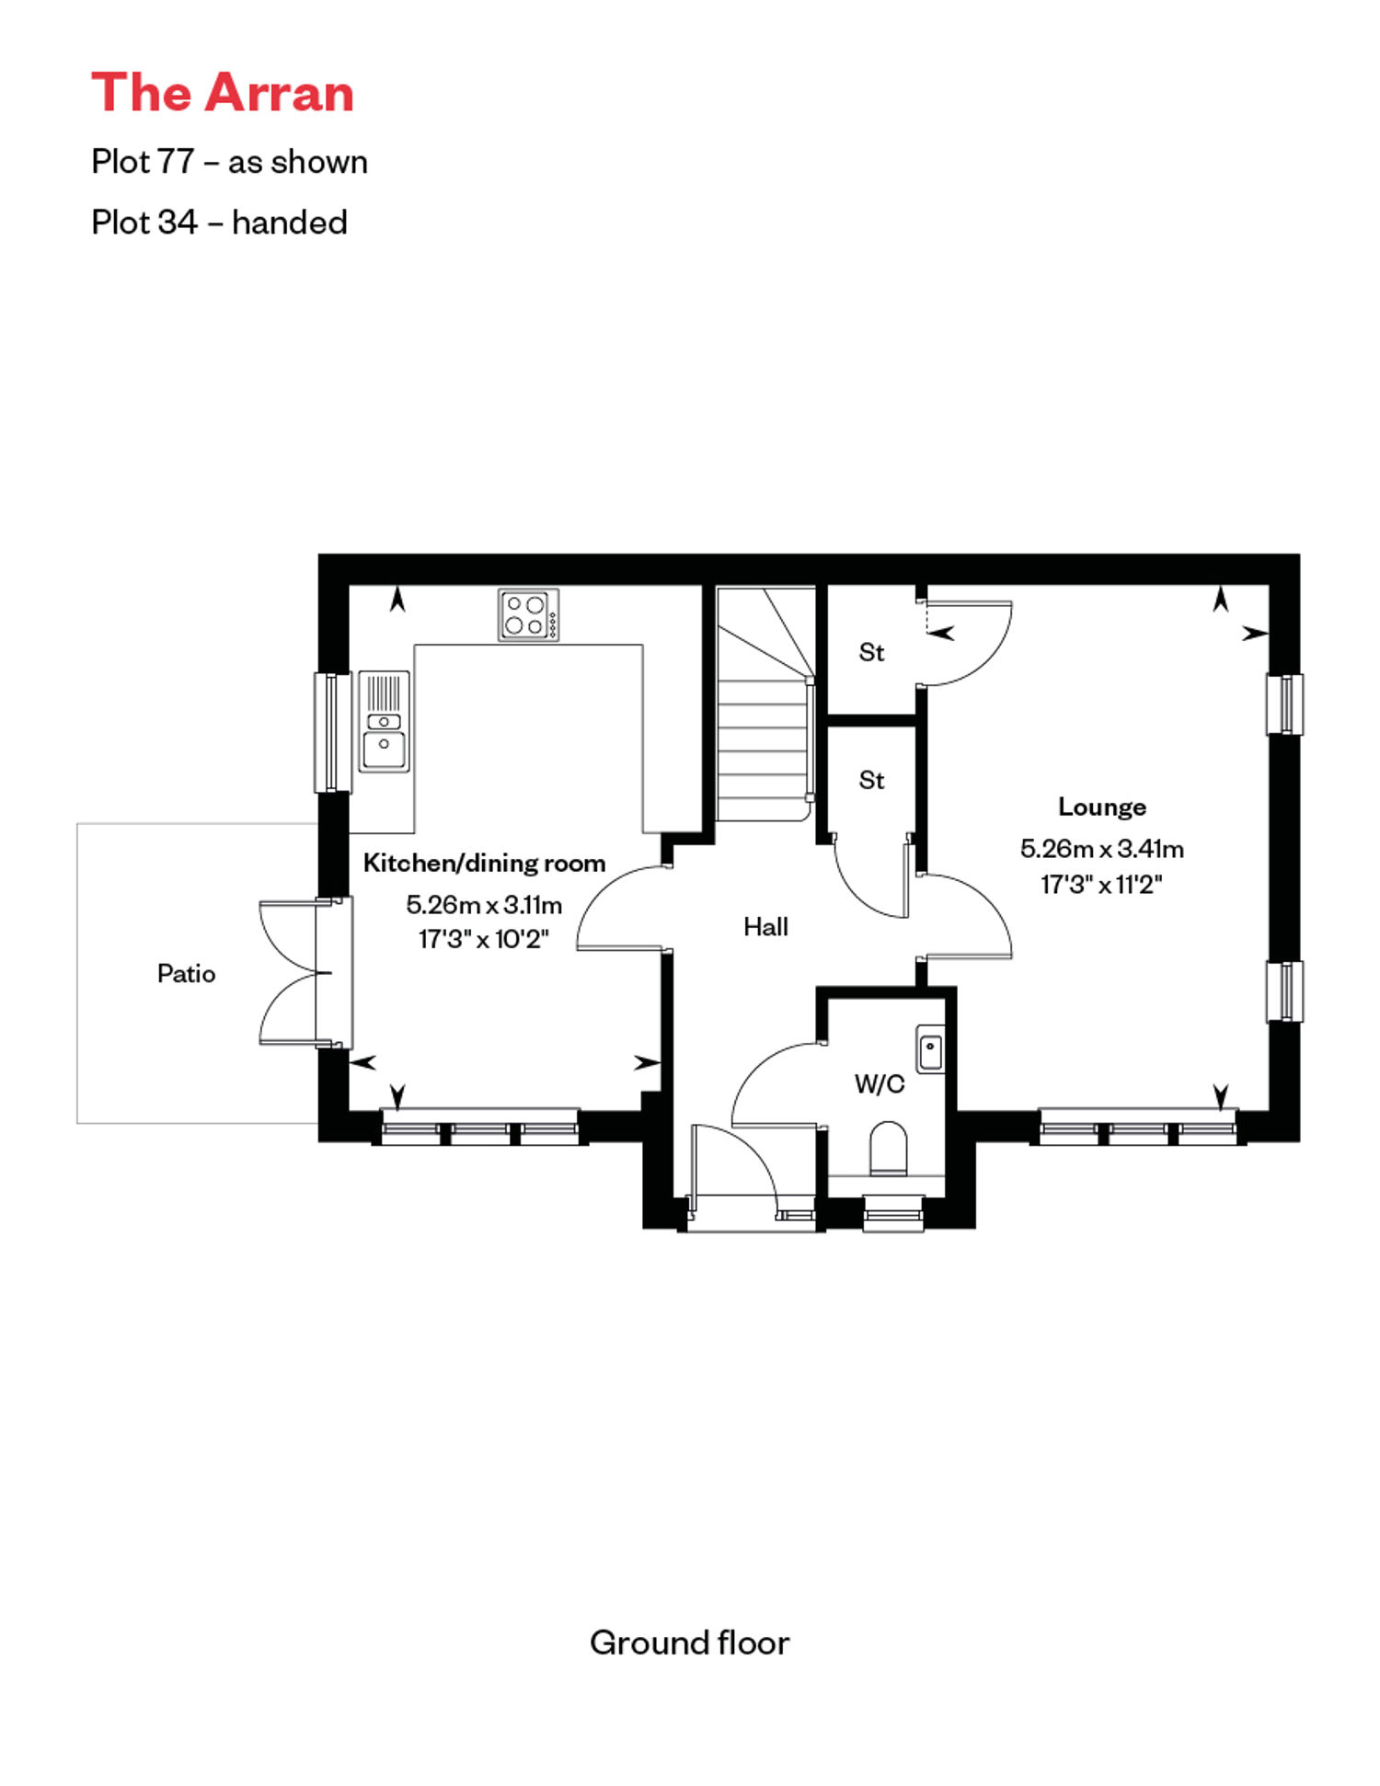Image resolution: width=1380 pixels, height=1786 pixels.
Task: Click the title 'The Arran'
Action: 223,93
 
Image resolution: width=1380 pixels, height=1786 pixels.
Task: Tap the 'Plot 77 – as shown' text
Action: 229,162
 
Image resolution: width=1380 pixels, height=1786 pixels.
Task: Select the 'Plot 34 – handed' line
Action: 219,223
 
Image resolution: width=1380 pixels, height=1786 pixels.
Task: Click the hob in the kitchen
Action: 528,614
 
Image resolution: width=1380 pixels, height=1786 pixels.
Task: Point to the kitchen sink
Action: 384,721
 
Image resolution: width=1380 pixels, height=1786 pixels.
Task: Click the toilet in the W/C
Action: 888,1148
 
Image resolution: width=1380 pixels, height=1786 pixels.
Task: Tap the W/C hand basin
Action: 930,1048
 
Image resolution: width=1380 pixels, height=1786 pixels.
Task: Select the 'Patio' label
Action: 186,973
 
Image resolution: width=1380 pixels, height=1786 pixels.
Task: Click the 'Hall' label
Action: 765,926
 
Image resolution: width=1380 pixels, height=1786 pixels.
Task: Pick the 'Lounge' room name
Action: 1101,807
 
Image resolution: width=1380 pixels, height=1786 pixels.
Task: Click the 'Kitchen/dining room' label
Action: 484,863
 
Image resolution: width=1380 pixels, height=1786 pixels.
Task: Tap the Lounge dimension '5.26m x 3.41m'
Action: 1101,848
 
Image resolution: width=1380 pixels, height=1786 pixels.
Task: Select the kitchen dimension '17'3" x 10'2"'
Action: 483,939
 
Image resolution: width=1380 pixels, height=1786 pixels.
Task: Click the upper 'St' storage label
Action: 871,652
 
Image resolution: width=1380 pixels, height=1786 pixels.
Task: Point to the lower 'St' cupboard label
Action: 871,780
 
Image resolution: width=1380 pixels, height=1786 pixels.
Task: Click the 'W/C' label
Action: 880,1083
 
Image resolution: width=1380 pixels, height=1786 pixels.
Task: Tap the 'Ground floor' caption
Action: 689,1643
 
